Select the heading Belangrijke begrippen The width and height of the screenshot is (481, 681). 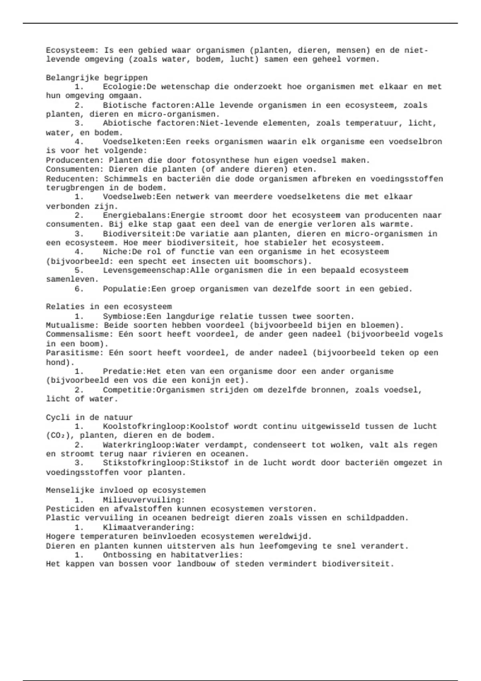(x=97, y=78)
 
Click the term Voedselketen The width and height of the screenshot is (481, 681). (x=134, y=142)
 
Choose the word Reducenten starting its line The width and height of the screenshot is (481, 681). (x=72, y=179)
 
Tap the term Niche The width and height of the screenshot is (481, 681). (x=115, y=252)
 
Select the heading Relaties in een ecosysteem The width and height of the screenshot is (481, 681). (x=109, y=307)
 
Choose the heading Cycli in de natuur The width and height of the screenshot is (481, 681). (x=89, y=417)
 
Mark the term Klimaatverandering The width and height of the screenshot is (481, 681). (x=148, y=528)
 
